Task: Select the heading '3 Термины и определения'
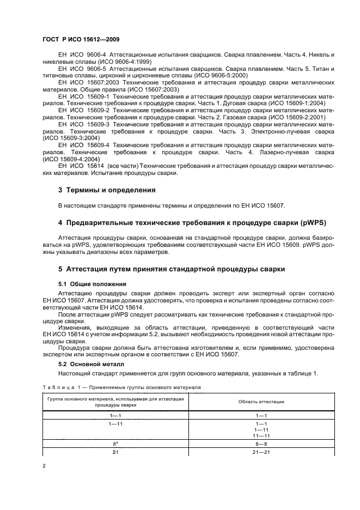107,190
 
